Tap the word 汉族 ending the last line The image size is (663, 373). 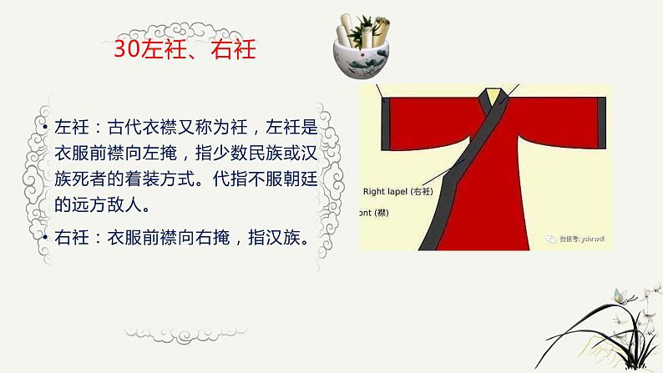(287, 238)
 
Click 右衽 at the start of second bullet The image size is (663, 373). (69, 238)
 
